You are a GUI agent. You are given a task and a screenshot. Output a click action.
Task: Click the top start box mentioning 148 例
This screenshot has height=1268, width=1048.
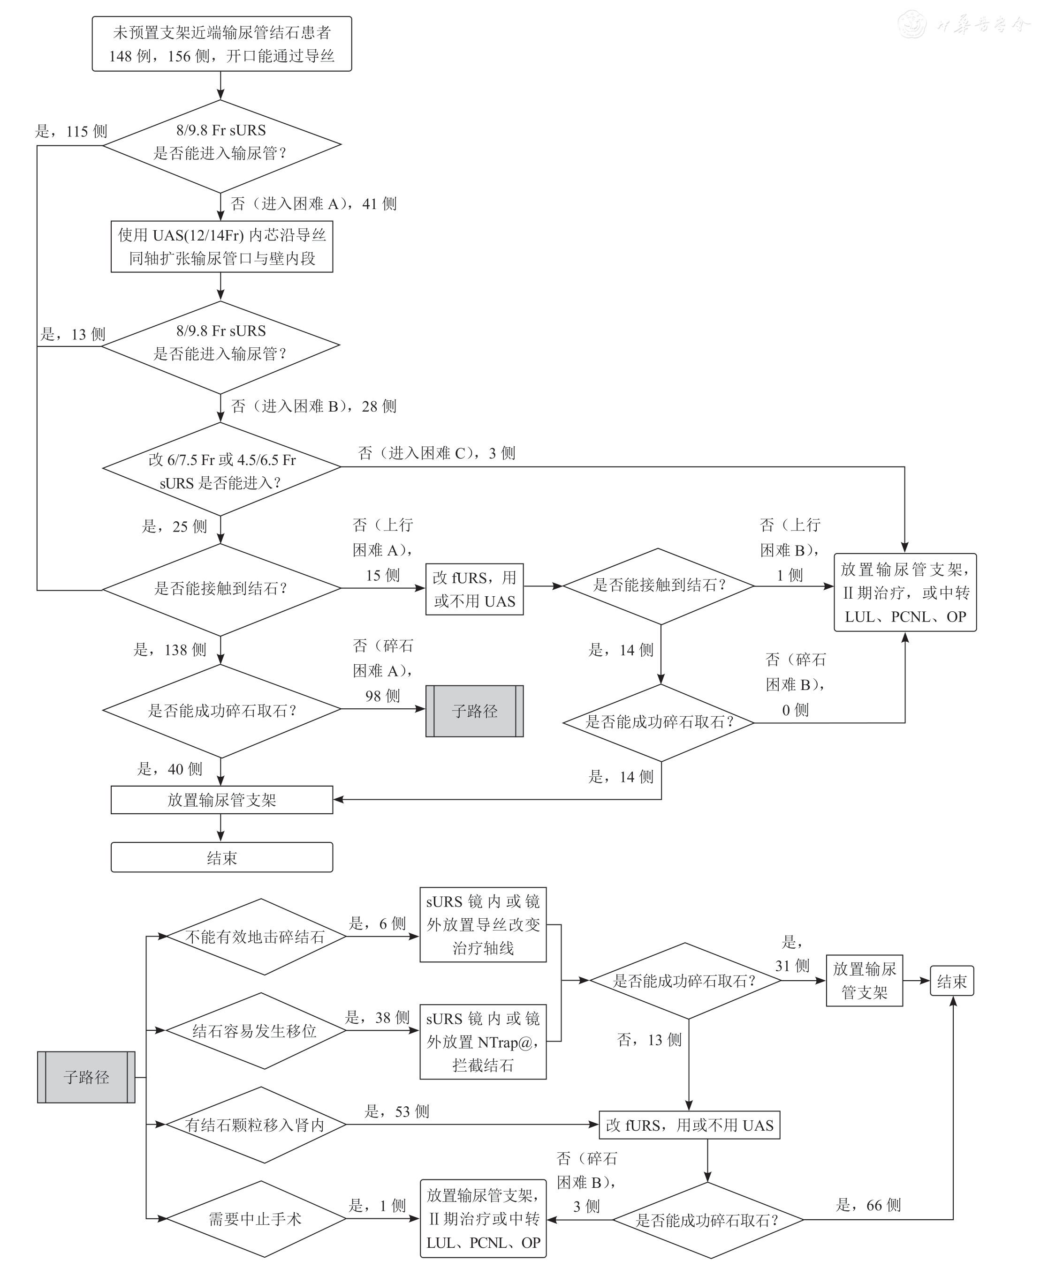pyautogui.click(x=221, y=44)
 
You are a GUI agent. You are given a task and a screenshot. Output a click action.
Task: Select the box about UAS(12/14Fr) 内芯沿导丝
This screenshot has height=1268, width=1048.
pyautogui.click(x=221, y=247)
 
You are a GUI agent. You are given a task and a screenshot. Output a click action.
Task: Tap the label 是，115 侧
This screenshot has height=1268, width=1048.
pyautogui.click(x=71, y=132)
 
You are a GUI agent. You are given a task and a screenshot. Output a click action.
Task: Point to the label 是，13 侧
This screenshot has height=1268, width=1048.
pyautogui.click(x=72, y=334)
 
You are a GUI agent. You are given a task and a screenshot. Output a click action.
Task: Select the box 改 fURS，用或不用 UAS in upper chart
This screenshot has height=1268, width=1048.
pyautogui.click(x=474, y=589)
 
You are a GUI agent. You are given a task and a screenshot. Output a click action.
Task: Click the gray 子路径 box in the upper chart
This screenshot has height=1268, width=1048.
pyautogui.click(x=474, y=711)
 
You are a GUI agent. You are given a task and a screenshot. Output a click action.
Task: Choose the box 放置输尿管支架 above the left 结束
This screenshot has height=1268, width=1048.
pyautogui.click(x=221, y=800)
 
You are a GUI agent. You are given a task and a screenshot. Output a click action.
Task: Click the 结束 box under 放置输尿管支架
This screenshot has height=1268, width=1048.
pyautogui.click(x=221, y=858)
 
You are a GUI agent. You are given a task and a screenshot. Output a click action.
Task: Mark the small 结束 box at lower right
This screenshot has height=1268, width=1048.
pyautogui.click(x=951, y=982)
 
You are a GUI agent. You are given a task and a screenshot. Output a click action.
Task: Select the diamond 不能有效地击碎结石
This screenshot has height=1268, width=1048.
pyautogui.click(x=255, y=937)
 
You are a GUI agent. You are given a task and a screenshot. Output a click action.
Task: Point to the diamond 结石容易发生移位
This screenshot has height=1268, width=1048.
pyautogui.click(x=255, y=1031)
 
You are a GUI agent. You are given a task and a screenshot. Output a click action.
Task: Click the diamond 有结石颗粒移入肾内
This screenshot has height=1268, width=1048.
pyautogui.click(x=255, y=1125)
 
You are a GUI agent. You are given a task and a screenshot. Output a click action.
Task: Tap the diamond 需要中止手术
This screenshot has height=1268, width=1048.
pyautogui.click(x=255, y=1219)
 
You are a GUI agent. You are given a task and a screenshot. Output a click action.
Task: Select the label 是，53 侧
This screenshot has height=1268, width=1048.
pyautogui.click(x=396, y=1112)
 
